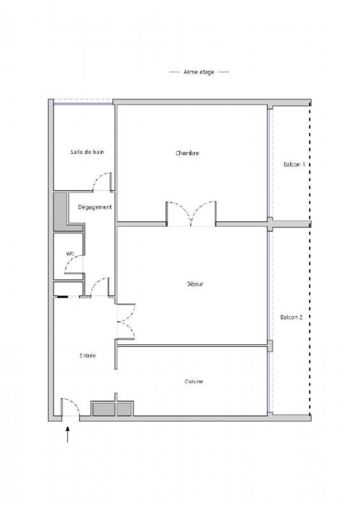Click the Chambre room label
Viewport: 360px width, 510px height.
tap(187, 153)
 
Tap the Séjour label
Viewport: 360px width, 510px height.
tap(195, 284)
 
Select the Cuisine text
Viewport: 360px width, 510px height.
tap(194, 381)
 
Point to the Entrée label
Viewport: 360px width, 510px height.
tap(87, 356)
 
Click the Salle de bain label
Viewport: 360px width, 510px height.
tap(87, 152)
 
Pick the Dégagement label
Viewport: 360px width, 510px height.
tap(95, 207)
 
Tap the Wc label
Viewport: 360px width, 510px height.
tap(70, 253)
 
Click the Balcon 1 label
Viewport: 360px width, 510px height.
tap(294, 164)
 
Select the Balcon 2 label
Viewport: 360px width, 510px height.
tap(291, 317)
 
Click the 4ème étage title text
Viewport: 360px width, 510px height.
tap(199, 72)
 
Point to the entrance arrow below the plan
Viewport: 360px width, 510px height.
tap(68, 435)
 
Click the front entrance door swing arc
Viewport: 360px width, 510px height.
tap(74, 402)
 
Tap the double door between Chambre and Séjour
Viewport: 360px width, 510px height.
tap(191, 213)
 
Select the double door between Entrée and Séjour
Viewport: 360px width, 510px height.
tap(126, 322)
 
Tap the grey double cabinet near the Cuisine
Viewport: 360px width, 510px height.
tap(112, 409)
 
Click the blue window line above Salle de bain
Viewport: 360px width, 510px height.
tap(83, 104)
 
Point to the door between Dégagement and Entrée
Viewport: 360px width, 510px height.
tap(99, 286)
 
